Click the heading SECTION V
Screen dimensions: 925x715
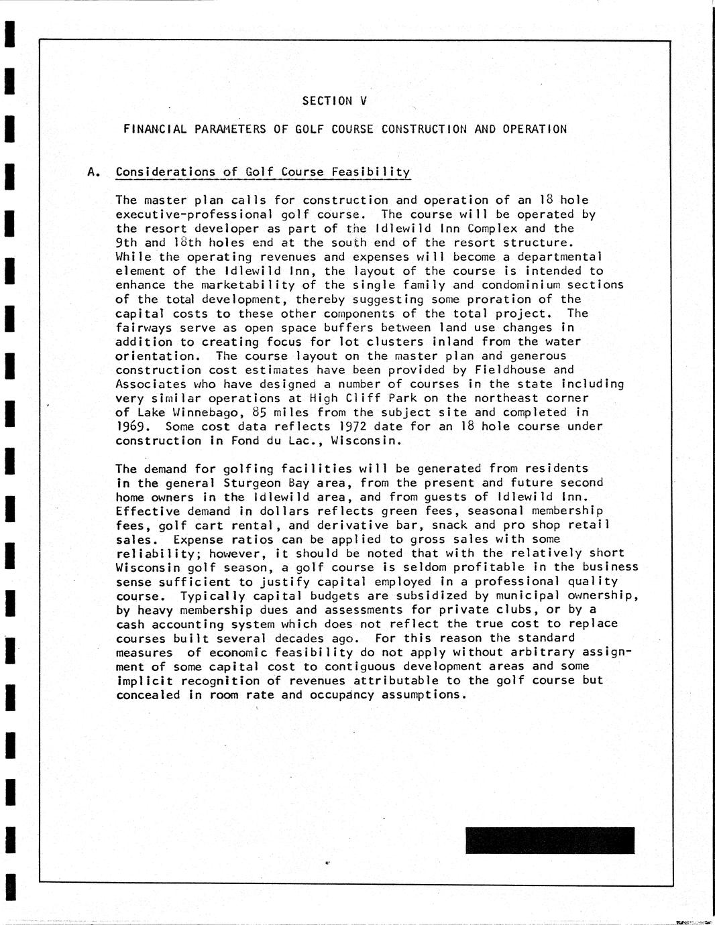335,101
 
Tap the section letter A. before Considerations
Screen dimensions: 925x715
94,172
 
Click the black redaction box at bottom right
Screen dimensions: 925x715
549,841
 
